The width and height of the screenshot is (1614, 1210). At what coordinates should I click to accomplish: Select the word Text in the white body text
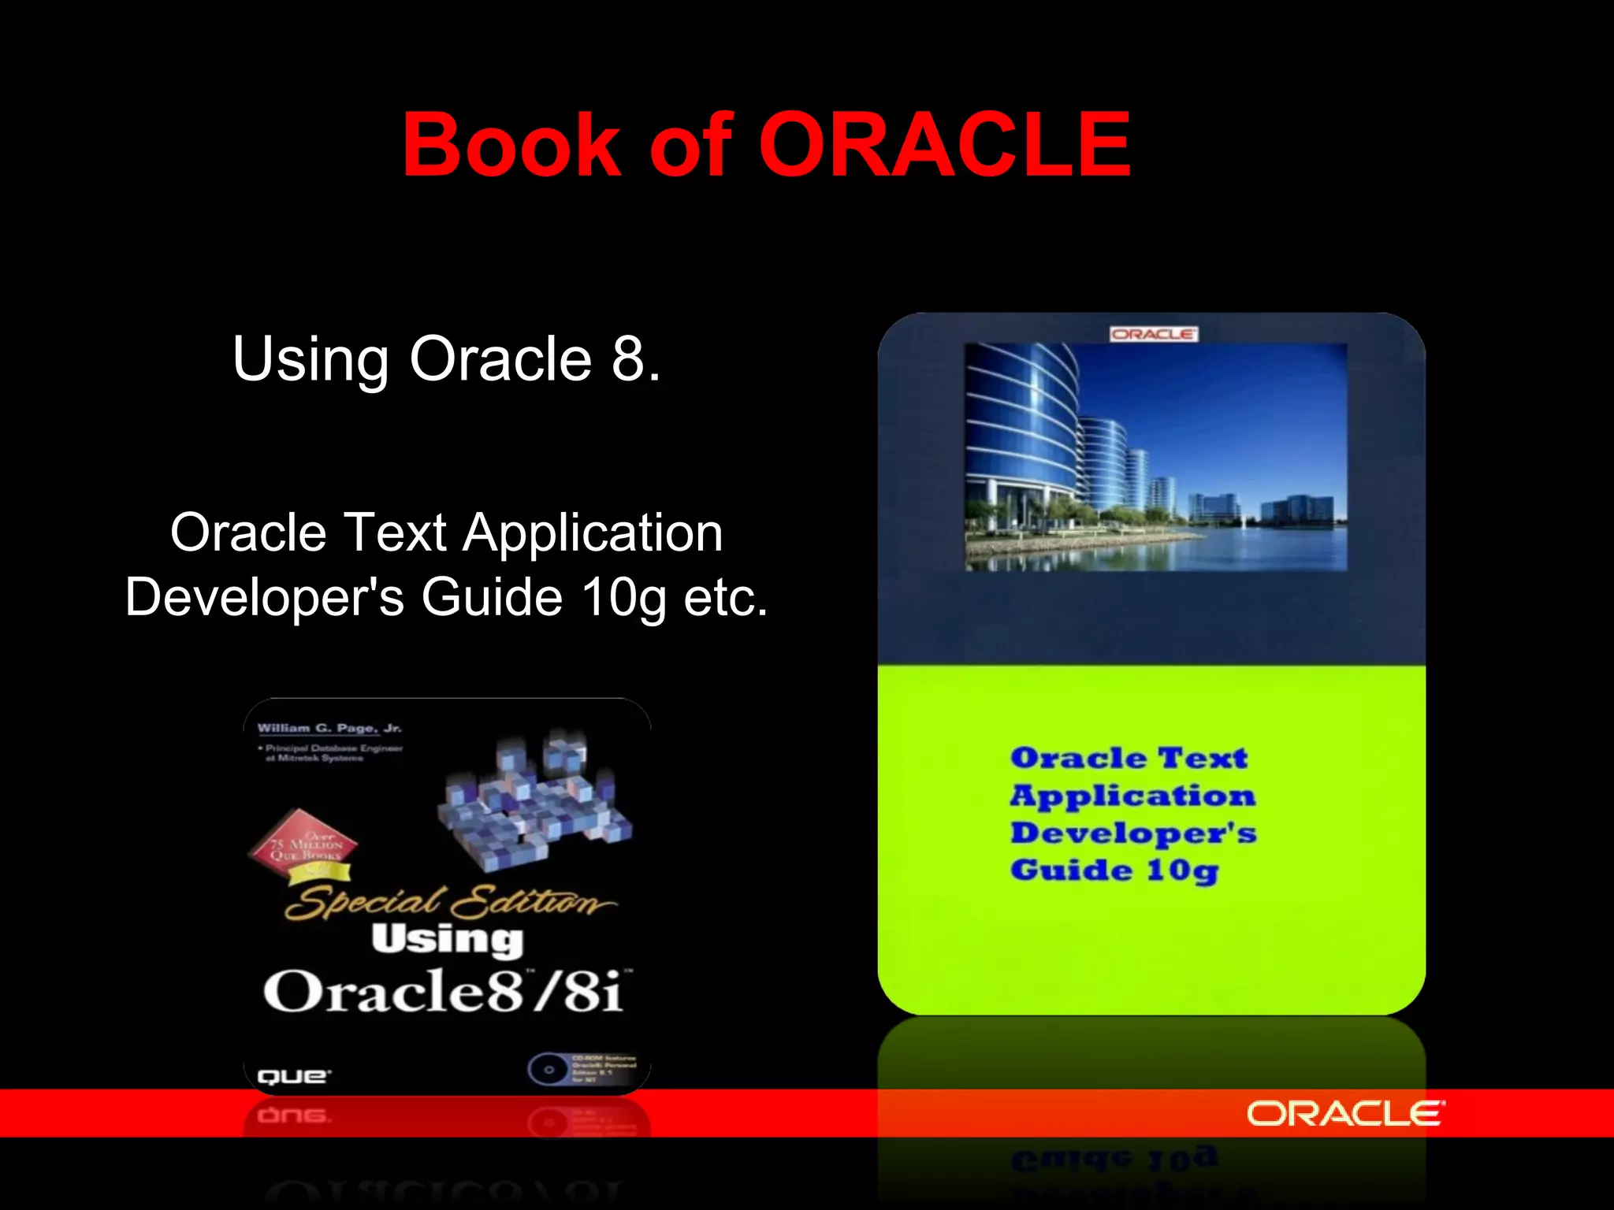click(x=395, y=533)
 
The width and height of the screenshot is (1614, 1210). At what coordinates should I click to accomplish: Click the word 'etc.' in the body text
click(x=725, y=598)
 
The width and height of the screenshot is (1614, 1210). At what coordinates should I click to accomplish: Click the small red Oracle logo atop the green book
click(x=1153, y=334)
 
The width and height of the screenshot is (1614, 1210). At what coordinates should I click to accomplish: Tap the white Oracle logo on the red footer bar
click(x=1345, y=1114)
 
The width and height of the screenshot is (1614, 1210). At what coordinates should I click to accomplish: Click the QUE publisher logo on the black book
click(x=294, y=1076)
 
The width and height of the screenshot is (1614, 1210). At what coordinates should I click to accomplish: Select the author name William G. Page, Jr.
click(x=329, y=728)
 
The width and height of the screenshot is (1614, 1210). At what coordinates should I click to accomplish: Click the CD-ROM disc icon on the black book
click(x=548, y=1070)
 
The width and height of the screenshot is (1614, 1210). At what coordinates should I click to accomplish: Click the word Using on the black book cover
click(x=447, y=939)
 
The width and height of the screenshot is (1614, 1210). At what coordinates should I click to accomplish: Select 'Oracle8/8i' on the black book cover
click(x=445, y=991)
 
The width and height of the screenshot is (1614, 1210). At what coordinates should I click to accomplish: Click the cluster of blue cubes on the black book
click(x=536, y=800)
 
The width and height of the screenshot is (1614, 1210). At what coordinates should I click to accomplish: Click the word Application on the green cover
click(x=1132, y=796)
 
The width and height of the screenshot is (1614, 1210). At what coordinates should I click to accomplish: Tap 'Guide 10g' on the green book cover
click(x=1114, y=870)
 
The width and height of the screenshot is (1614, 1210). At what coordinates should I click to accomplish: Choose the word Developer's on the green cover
click(x=1133, y=833)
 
